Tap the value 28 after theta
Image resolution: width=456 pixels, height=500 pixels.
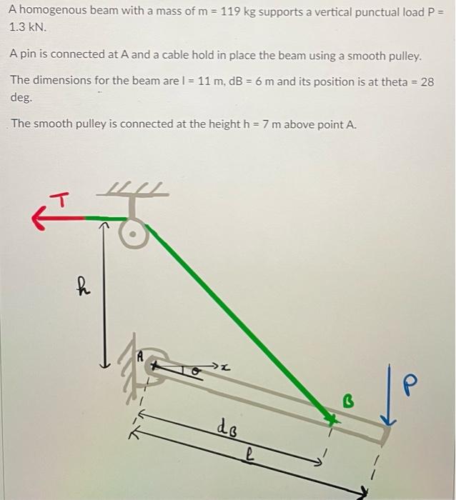427,81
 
